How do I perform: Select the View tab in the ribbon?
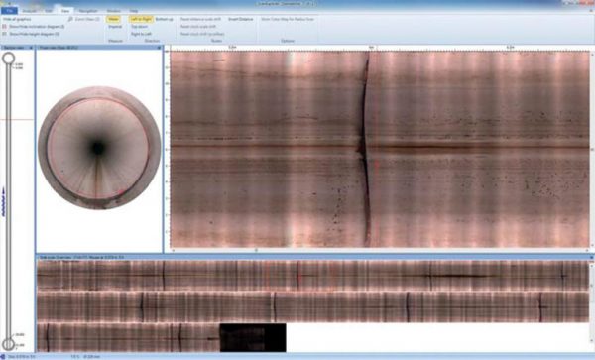(63, 10)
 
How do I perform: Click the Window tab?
(117, 10)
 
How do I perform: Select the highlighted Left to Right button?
(140, 18)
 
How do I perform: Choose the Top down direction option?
(140, 26)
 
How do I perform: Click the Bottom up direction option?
(163, 18)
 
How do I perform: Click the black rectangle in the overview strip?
(252, 336)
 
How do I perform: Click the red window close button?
(587, 3)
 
